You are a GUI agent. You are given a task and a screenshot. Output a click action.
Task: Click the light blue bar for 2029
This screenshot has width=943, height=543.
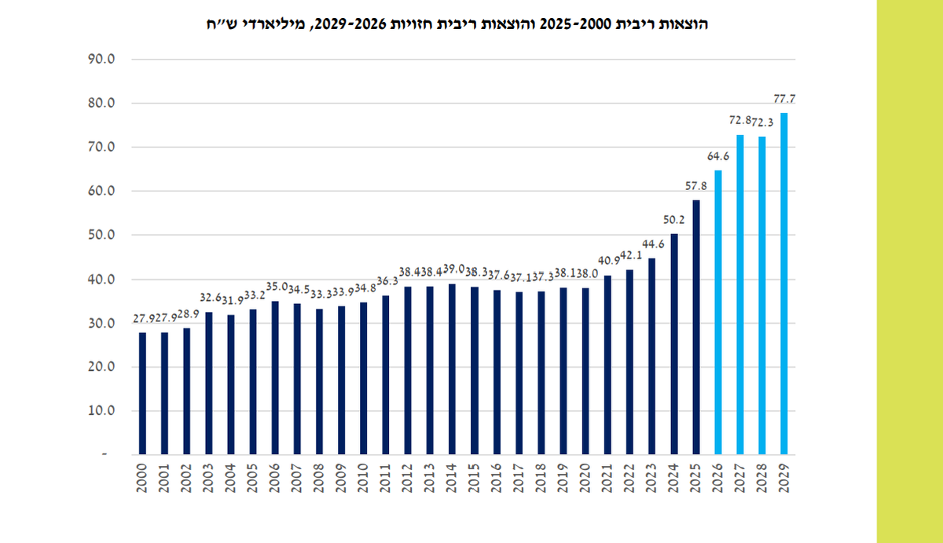[784, 283]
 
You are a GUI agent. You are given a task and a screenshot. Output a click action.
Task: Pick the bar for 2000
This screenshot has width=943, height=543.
[142, 393]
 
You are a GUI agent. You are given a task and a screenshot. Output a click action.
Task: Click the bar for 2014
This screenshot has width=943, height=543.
[451, 369]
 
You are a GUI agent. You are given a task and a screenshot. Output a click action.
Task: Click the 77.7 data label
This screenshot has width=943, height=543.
[783, 99]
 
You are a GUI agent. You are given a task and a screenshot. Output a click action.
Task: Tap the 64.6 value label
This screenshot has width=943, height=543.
[717, 156]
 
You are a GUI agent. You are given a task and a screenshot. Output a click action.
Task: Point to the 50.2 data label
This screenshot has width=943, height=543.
[673, 219]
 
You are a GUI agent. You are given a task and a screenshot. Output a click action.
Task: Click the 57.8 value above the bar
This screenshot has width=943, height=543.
[695, 186]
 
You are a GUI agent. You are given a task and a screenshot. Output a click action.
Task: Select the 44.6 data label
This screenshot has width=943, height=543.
[651, 244]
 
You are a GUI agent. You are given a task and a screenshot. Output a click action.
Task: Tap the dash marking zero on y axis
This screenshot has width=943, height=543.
[112, 454]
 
